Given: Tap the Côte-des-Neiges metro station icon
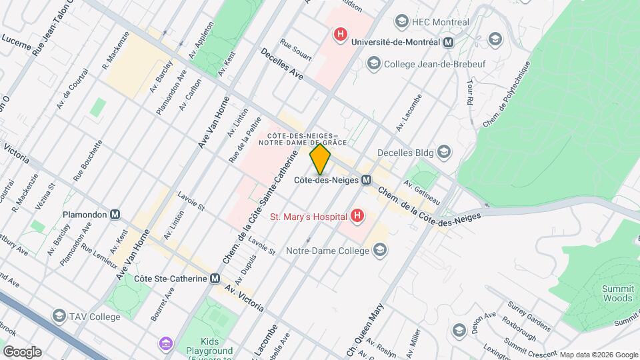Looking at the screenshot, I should tap(367, 181).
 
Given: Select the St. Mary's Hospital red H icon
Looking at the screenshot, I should tap(358, 216).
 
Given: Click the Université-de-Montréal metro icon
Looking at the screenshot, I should tap(449, 42).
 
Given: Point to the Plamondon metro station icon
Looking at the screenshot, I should tap(115, 215).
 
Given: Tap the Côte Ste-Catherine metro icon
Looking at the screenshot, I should tap(215, 279).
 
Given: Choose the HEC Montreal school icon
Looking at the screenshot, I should tap(402, 22).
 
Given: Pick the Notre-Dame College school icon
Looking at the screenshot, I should tap(380, 251).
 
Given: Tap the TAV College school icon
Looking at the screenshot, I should tap(59, 317).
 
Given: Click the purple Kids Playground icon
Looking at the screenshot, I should tap(165, 344).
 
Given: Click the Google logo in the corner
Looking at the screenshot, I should tap(22, 352).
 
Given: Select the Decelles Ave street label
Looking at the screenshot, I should tap(282, 65).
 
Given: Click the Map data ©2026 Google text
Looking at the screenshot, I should tap(598, 355).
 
